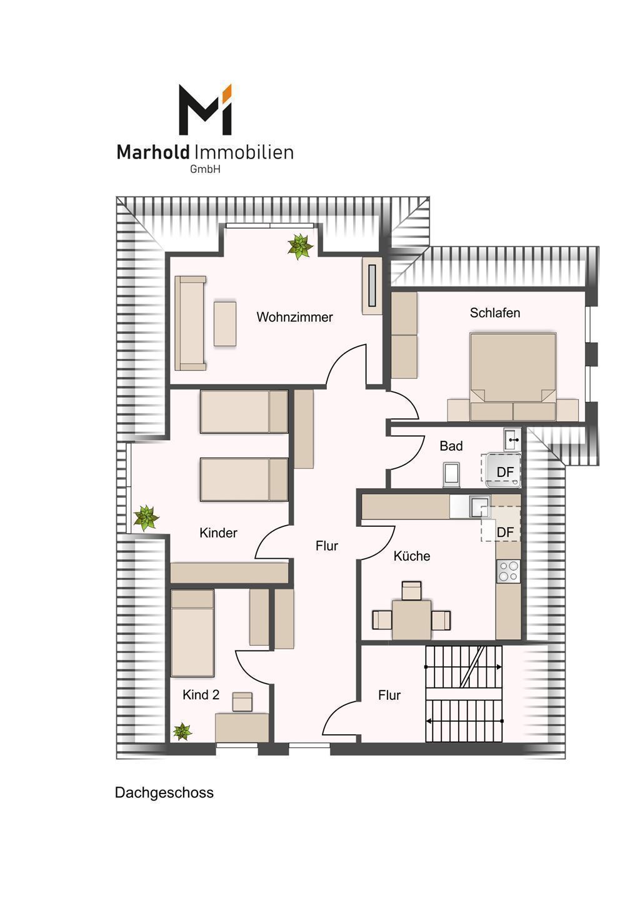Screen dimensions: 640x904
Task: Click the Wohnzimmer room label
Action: tap(294, 317)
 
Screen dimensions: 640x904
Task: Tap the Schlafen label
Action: tap(494, 313)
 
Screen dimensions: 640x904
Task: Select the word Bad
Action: tap(451, 446)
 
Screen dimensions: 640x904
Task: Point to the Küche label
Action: tap(412, 556)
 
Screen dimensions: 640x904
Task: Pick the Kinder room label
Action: tap(218, 533)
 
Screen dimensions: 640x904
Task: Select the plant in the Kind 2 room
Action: tap(182, 731)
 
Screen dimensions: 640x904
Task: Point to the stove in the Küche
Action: tap(508, 571)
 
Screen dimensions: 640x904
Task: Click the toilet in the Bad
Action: tap(451, 474)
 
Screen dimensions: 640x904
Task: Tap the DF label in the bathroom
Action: tap(505, 472)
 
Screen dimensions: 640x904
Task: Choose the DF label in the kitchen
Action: tap(505, 533)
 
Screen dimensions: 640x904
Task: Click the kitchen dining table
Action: tap(411, 620)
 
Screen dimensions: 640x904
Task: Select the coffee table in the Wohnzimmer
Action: tap(225, 323)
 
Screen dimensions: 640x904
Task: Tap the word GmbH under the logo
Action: tap(205, 170)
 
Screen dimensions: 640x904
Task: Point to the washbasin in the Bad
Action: tap(512, 440)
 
